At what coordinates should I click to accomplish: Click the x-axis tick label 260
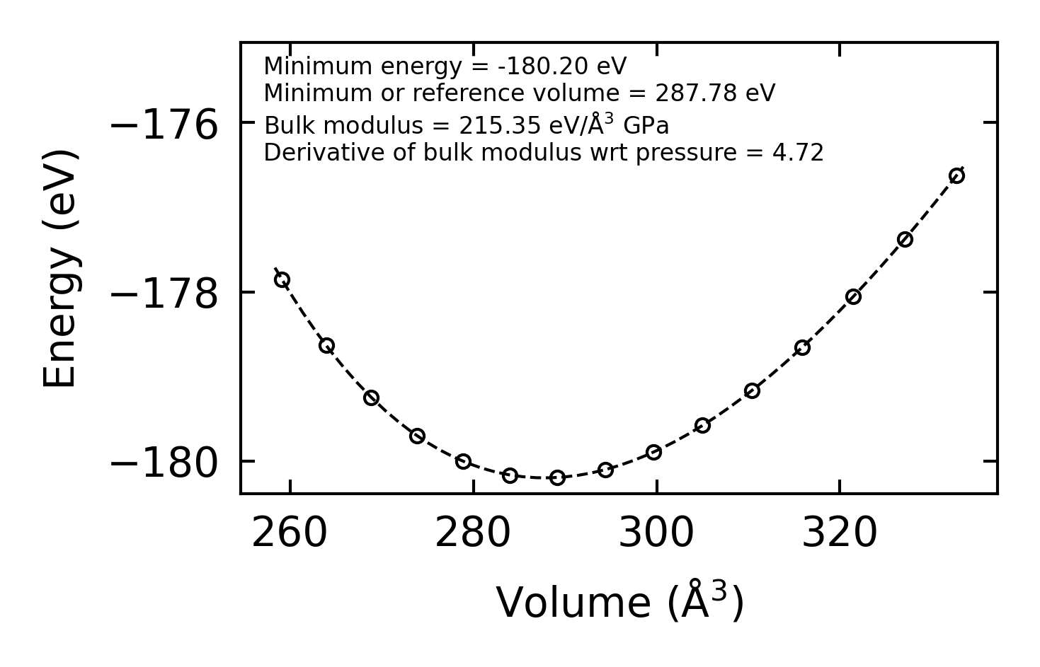click(290, 533)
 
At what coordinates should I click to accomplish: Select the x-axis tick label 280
click(473, 533)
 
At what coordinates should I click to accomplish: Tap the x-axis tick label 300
click(656, 533)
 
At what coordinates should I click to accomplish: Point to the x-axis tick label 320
click(840, 533)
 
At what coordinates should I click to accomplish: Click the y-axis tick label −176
click(164, 125)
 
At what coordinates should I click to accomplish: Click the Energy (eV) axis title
click(59, 269)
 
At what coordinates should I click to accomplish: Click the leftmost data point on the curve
click(282, 280)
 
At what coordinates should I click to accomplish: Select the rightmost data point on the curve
click(956, 176)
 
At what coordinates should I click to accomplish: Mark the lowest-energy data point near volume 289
click(558, 477)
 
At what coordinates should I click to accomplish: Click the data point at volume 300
click(653, 452)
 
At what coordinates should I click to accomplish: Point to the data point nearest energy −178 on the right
click(853, 297)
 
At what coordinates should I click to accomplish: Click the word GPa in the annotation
click(646, 126)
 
